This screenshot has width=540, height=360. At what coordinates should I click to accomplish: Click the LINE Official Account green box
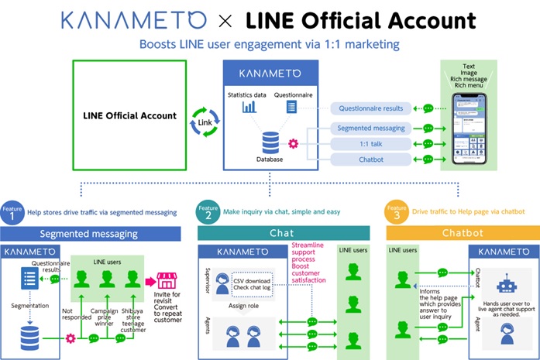tap(129, 115)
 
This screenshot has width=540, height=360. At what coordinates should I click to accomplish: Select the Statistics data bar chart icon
tap(249, 106)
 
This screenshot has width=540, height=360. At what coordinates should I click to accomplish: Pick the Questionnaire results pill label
tap(371, 108)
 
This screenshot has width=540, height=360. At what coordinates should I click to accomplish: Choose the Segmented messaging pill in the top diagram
tap(371, 128)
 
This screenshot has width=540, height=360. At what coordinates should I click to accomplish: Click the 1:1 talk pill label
tap(371, 143)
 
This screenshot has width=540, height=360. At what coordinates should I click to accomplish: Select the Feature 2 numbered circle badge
tap(207, 213)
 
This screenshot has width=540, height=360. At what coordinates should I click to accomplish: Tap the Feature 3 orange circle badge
tap(394, 213)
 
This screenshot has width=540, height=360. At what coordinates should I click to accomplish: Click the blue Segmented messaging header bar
tap(89, 233)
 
